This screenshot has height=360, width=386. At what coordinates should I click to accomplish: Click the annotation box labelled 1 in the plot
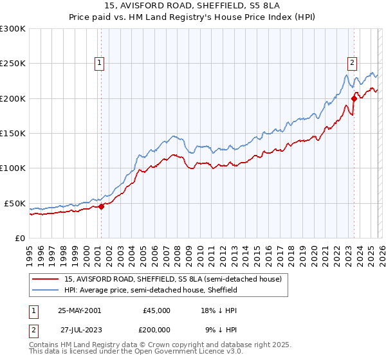coord(100,63)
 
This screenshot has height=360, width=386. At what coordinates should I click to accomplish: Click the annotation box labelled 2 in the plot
coord(353,63)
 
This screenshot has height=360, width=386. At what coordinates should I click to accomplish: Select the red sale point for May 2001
coord(101,206)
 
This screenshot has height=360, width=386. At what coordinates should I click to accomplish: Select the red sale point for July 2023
coord(354,98)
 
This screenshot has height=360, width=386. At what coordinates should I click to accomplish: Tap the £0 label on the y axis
coord(19,238)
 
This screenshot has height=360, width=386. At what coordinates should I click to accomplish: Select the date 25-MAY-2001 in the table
coord(79,310)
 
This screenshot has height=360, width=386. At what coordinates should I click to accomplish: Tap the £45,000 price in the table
coord(157,310)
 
